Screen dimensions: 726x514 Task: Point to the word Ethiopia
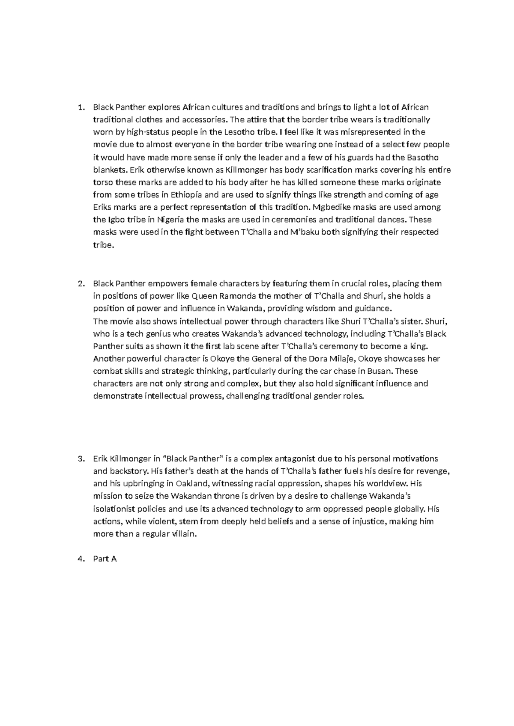coord(187,195)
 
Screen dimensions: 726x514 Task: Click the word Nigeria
coord(170,220)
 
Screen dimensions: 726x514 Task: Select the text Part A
coord(105,559)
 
